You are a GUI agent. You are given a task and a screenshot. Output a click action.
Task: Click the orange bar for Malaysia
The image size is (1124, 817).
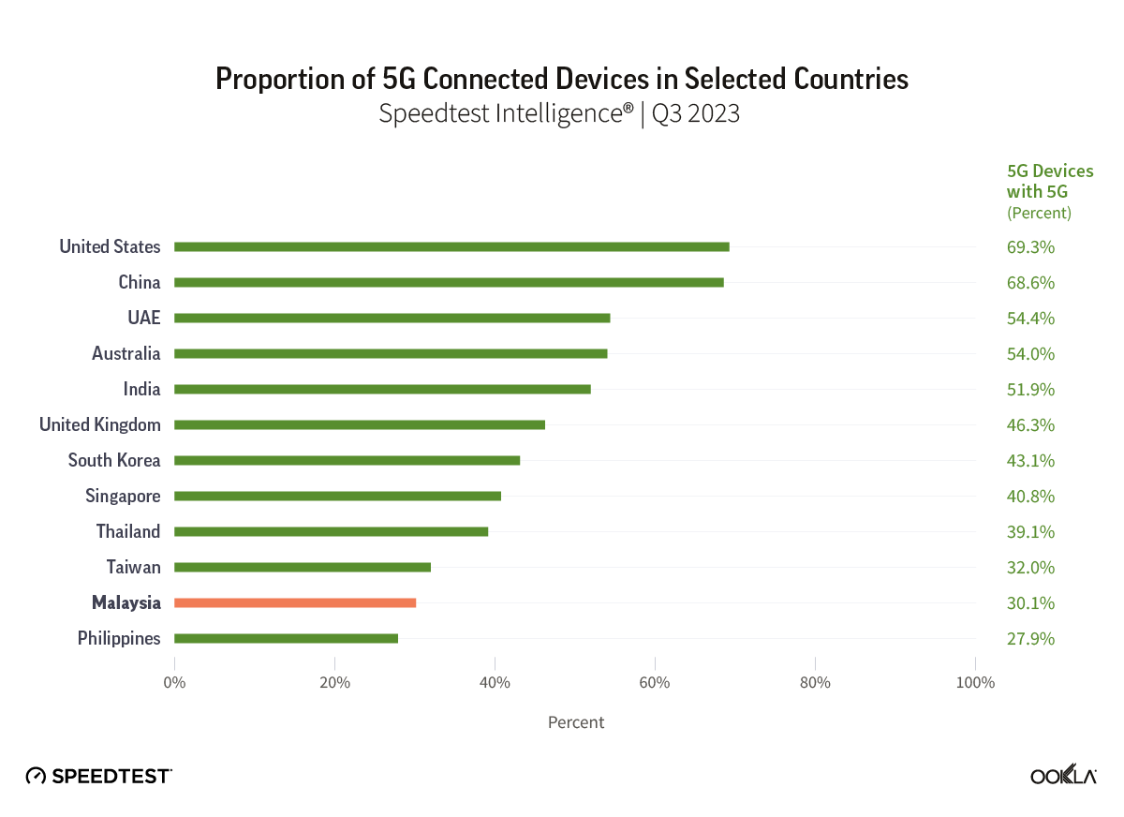pyautogui.click(x=295, y=602)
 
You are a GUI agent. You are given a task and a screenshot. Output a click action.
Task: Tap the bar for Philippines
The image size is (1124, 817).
pyautogui.click(x=286, y=638)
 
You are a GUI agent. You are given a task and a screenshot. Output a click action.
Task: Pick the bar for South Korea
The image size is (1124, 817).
pyautogui.click(x=347, y=460)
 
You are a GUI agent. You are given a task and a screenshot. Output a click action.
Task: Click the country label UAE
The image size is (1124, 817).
pyautogui.click(x=143, y=318)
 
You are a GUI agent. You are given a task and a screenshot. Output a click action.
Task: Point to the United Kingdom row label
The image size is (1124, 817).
pyautogui.click(x=99, y=424)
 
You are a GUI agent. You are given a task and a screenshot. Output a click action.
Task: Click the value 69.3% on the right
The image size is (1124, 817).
pyautogui.click(x=1030, y=247)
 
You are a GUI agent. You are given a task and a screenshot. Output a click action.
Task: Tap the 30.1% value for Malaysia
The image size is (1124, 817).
pyautogui.click(x=1030, y=603)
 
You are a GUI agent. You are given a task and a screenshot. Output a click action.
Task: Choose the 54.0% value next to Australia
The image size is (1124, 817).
pyautogui.click(x=1030, y=354)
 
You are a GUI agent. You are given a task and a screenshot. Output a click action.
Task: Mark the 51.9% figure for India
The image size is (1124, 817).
pyautogui.click(x=1030, y=390)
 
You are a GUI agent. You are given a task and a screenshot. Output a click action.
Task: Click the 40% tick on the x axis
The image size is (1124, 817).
pyautogui.click(x=495, y=682)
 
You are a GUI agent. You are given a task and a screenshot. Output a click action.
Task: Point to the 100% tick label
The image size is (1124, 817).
pyautogui.click(x=975, y=682)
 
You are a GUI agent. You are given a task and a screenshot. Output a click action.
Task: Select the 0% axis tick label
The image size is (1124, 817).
pyautogui.click(x=174, y=682)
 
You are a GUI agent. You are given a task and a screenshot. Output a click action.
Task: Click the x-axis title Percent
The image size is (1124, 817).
pyautogui.click(x=575, y=722)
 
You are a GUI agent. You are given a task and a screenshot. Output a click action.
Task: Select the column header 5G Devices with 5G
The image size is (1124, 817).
pyautogui.click(x=1049, y=182)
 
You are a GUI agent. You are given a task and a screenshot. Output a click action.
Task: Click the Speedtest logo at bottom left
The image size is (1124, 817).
pyautogui.click(x=98, y=776)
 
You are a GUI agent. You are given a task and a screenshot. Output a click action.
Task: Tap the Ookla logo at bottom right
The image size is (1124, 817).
pyautogui.click(x=1063, y=776)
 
